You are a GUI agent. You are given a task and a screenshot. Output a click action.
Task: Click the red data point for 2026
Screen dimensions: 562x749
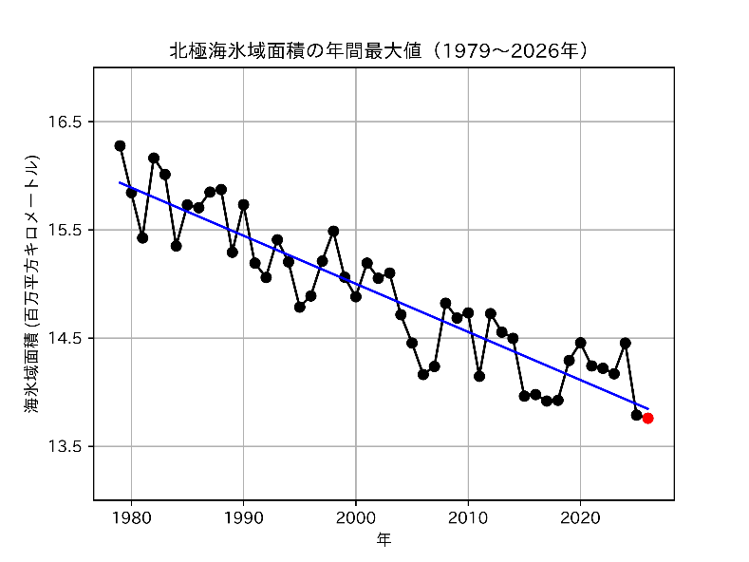pyautogui.click(x=647, y=418)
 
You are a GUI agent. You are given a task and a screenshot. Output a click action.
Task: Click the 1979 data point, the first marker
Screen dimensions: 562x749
pyautogui.click(x=120, y=146)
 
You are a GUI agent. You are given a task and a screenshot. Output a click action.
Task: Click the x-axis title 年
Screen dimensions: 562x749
pyautogui.click(x=384, y=540)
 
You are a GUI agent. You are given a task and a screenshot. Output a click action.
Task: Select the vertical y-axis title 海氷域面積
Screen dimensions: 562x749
pyautogui.click(x=33, y=283)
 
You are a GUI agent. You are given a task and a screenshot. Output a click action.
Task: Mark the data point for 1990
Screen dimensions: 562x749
pyautogui.click(x=243, y=204)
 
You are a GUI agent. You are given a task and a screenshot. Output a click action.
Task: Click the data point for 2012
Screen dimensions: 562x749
pyautogui.click(x=490, y=313)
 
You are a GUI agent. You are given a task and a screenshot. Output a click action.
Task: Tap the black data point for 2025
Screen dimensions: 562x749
pyautogui.click(x=636, y=415)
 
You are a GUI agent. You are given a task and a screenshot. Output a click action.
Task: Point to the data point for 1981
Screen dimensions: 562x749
pyautogui.click(x=142, y=237)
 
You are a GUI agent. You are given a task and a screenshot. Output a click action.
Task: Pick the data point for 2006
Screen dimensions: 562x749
pyautogui.click(x=422, y=374)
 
